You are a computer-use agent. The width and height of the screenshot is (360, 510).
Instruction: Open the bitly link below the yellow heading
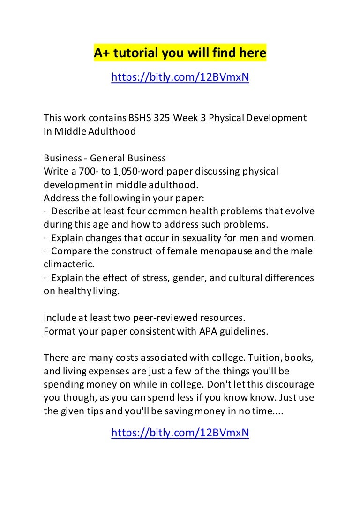(180, 77)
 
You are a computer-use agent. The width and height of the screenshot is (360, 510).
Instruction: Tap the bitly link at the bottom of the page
(180, 433)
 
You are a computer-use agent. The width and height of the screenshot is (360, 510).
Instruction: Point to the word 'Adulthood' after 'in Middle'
(115, 131)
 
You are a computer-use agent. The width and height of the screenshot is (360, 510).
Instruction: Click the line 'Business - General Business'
(105, 158)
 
